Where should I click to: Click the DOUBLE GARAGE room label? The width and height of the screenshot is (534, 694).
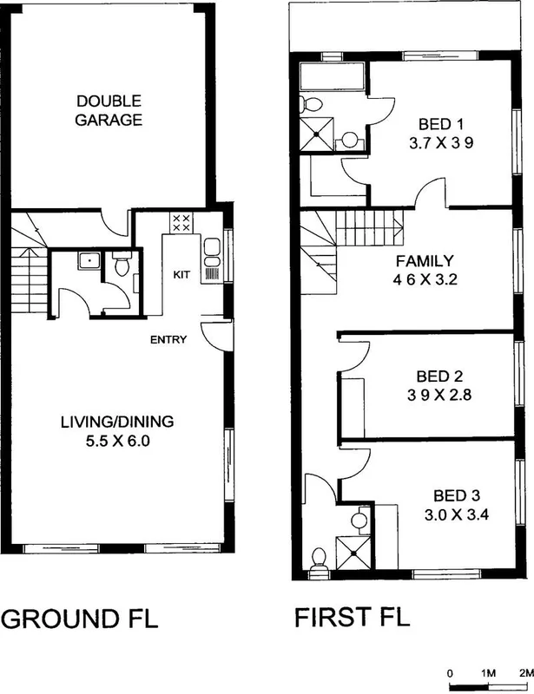click(x=109, y=110)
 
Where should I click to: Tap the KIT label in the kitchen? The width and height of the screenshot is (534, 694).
click(x=181, y=275)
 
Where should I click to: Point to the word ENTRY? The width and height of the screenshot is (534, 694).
click(x=168, y=340)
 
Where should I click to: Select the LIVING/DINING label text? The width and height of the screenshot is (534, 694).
click(x=116, y=422)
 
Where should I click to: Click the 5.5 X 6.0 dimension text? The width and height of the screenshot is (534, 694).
click(x=116, y=441)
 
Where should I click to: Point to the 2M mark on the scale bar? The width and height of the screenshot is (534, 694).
click(x=524, y=673)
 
